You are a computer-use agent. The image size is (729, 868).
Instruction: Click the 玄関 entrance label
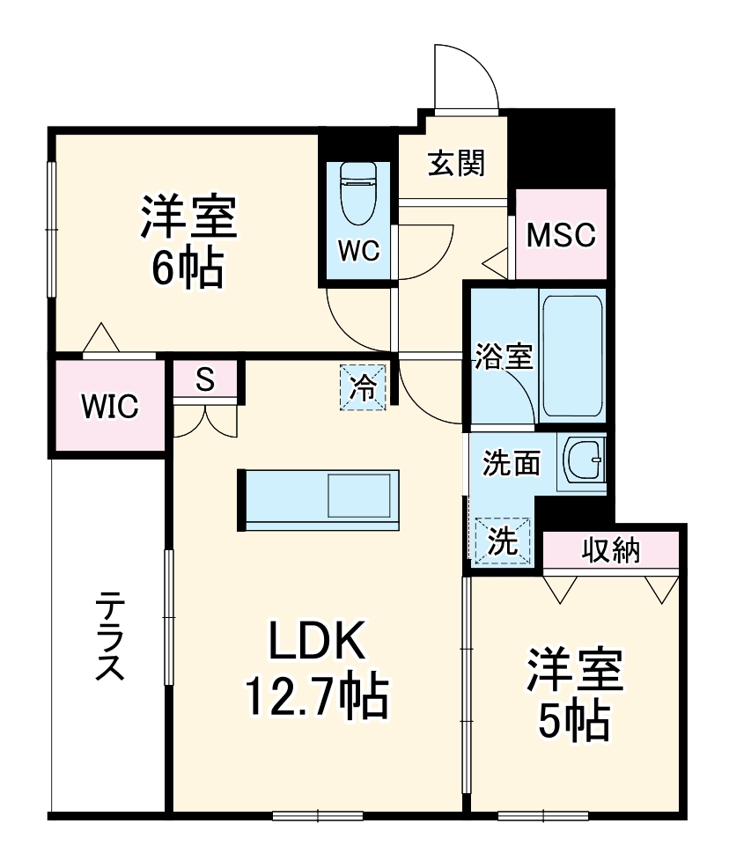[456, 163]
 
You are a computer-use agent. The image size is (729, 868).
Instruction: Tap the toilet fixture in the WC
[358, 194]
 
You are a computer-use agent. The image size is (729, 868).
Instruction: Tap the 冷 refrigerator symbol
[364, 386]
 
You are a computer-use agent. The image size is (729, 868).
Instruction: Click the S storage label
[204, 379]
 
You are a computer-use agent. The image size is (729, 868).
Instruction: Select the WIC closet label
[110, 407]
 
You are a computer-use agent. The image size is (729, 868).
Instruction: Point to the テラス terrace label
[109, 636]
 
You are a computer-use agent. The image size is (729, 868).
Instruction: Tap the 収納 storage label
[610, 551]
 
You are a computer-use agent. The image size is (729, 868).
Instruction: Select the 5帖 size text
[574, 722]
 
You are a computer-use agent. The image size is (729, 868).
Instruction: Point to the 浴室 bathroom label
[503, 357]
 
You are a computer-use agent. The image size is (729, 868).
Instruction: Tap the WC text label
[359, 251]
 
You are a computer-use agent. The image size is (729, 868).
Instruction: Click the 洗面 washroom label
[511, 463]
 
